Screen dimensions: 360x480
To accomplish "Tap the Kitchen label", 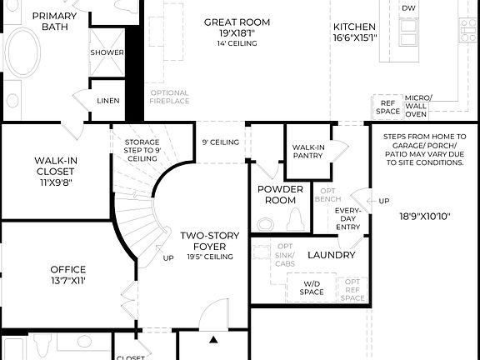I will pyautogui.click(x=353, y=27).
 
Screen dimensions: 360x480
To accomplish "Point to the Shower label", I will pyautogui.click(x=107, y=52).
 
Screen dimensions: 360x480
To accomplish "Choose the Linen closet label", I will pyautogui.click(x=108, y=101).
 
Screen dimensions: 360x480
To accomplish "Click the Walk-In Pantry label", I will pyautogui.click(x=308, y=152).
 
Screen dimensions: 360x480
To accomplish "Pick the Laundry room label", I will pyautogui.click(x=332, y=255).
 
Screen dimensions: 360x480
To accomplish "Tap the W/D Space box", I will pyautogui.click(x=312, y=288).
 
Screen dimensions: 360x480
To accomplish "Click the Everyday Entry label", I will pyautogui.click(x=347, y=219).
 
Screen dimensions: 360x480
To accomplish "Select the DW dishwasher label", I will pyautogui.click(x=408, y=8).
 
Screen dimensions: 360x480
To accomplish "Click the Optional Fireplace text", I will pyautogui.click(x=170, y=97).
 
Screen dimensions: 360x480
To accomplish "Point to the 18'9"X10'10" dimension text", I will pyautogui.click(x=424, y=215).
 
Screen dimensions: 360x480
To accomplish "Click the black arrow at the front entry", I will pyautogui.click(x=212, y=340).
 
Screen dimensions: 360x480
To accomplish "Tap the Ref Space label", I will pyautogui.click(x=387, y=106).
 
